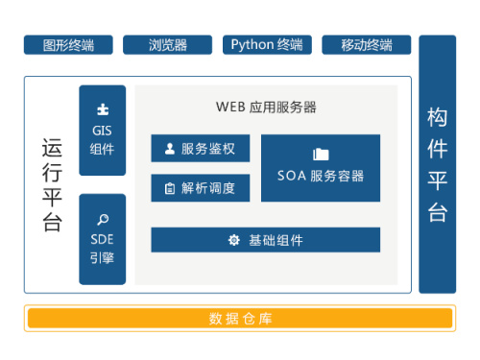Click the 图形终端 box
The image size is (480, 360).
coord(68,45)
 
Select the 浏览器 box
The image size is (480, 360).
coord(168,45)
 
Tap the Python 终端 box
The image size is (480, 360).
coord(267,45)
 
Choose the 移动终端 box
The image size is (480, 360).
coord(366,45)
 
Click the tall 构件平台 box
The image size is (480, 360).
coord(437,163)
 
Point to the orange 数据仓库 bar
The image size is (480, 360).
coord(240,318)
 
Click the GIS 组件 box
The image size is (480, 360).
coord(103,130)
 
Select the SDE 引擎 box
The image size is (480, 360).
coord(103,239)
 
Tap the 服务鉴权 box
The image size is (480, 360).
coord(200,149)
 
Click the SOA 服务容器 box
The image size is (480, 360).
coord(321,168)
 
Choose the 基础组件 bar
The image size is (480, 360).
coord(265,240)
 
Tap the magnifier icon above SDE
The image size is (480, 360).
coord(103,218)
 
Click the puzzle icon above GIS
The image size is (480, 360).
coord(103,109)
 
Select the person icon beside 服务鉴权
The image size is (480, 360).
coord(170,149)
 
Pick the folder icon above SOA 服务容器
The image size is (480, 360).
coord(321,154)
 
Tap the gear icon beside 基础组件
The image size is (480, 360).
coord(233,240)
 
